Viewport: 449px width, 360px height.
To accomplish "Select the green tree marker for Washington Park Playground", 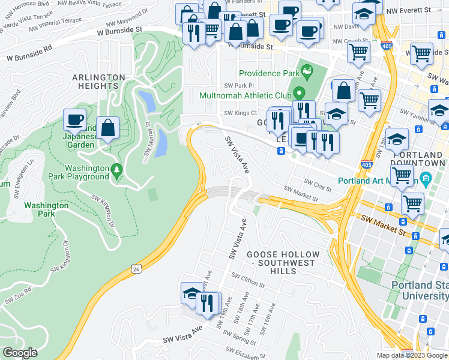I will (x=116, y=172).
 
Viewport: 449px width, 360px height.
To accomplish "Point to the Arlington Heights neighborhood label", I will (x=98, y=82).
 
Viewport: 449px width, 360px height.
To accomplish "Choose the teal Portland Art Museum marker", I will (x=426, y=178).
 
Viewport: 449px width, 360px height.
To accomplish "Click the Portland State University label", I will (x=420, y=290).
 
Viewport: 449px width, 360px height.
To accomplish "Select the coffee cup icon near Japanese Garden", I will (x=75, y=119).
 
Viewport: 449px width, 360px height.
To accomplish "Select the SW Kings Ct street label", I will (x=240, y=113).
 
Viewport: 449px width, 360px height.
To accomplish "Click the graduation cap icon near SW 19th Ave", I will (x=192, y=293).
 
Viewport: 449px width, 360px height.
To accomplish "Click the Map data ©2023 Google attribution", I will (x=412, y=355).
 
